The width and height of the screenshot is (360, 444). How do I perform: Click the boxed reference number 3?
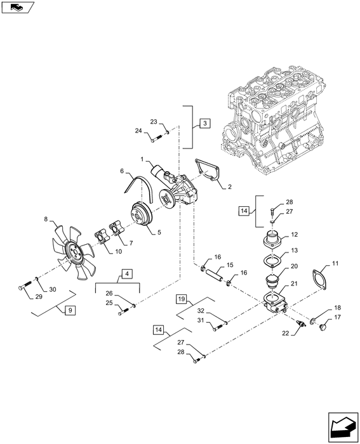[x=203, y=123]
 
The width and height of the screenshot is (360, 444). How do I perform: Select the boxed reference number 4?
[x=128, y=274]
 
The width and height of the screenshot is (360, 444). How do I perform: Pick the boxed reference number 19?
[x=181, y=297]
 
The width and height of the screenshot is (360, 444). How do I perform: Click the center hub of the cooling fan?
[x=76, y=257]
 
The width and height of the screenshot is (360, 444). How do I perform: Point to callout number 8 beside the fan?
[x=46, y=220]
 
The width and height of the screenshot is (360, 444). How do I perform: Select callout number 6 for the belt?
[x=122, y=171]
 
